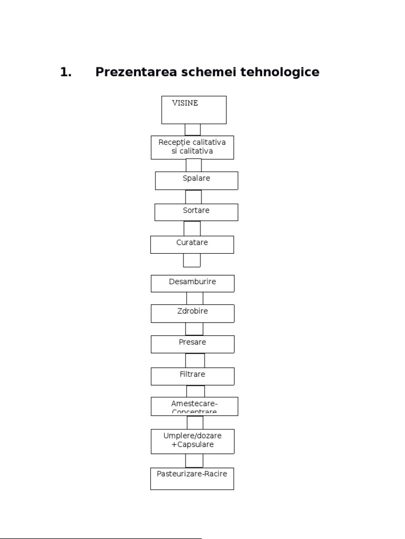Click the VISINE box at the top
tap(194, 109)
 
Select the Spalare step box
tap(196, 180)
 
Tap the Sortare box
tap(196, 212)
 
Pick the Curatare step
tap(192, 244)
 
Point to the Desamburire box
tap(192, 283)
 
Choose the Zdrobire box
tap(192, 313)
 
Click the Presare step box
tap(192, 344)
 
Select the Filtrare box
tap(192, 376)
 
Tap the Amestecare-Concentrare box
tap(194, 406)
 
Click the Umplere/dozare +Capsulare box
tap(192, 441)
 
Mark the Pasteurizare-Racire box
tap(192, 478)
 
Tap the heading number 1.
tap(65, 72)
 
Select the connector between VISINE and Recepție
tap(192, 129)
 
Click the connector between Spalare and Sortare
tap(194, 196)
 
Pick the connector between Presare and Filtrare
tap(195, 360)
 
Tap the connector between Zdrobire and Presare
tap(194, 328)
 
